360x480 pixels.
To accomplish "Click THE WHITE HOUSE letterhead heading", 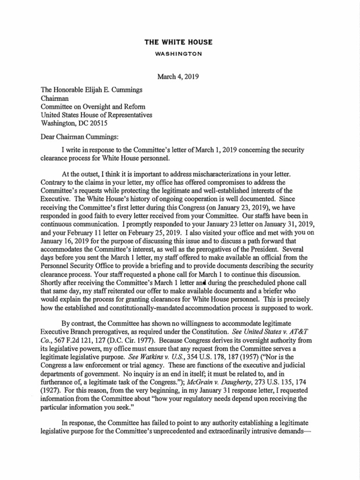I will pyautogui.click(x=178, y=43).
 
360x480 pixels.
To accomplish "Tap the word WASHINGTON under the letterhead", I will pyautogui.click(x=178, y=54).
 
